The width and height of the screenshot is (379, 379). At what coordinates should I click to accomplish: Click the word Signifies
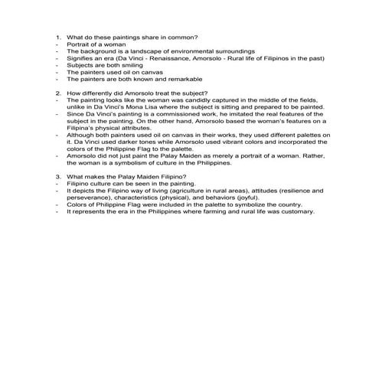coord(79,57)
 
